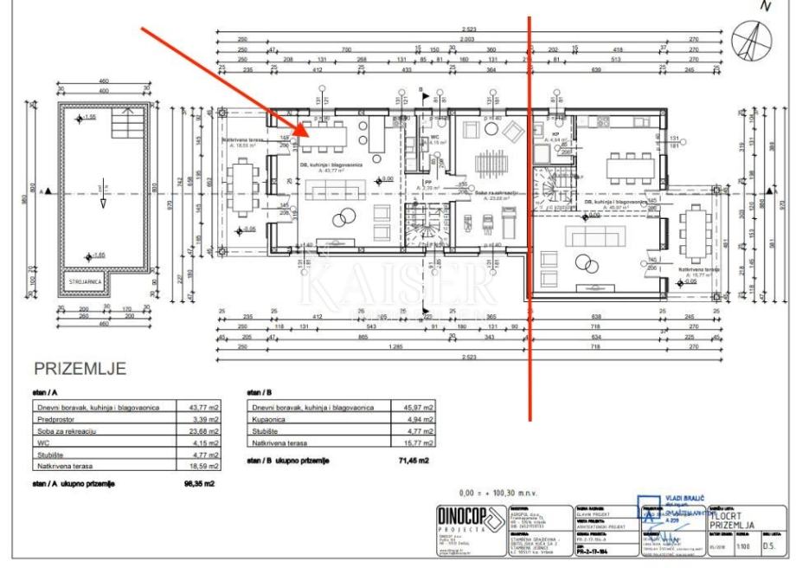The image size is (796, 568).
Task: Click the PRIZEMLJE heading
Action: click(x=80, y=368)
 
